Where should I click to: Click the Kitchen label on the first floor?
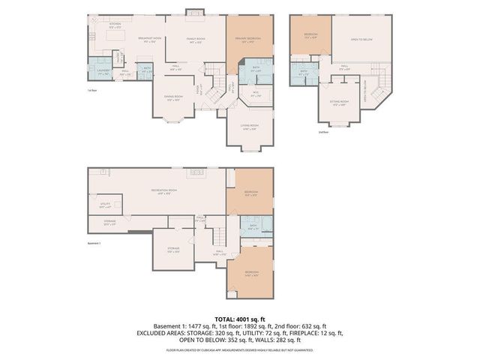116,25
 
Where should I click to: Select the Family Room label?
196,40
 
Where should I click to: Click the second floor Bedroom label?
310,34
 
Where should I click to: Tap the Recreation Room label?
163,191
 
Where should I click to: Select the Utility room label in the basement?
105,204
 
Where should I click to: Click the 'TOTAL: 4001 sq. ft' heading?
238,319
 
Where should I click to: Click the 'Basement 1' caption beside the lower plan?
94,244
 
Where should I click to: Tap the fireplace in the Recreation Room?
198,172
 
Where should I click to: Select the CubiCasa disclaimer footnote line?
238,349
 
